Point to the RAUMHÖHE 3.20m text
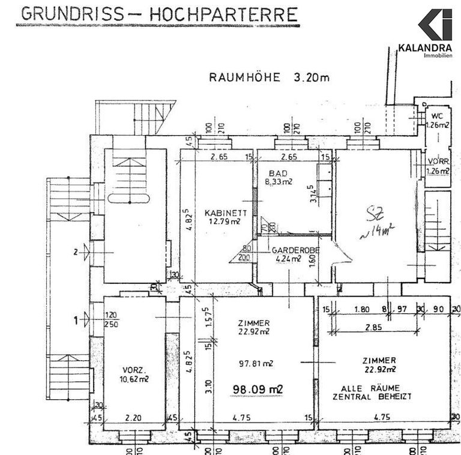[x=269, y=77]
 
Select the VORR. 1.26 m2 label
[x=437, y=166]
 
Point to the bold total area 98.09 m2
[x=258, y=388]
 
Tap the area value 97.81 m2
[x=257, y=363]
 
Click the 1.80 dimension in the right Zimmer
[x=361, y=309]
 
